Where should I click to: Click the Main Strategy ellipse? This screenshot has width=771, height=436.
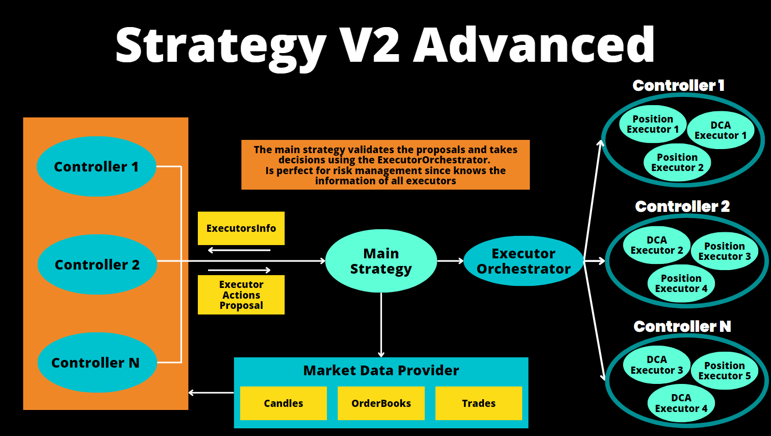pyautogui.click(x=381, y=261)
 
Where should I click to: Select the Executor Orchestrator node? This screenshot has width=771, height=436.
pyautogui.click(x=523, y=261)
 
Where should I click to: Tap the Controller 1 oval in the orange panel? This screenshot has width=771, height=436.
pyautogui.click(x=96, y=166)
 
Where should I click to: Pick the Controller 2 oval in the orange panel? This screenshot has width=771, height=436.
pyautogui.click(x=97, y=264)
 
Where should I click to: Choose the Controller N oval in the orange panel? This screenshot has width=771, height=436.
pyautogui.click(x=96, y=362)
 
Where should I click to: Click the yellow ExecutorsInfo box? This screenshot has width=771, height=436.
pyautogui.click(x=241, y=228)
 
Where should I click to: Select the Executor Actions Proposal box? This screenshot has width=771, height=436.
pyautogui.click(x=241, y=295)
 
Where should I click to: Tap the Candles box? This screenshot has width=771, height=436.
pyautogui.click(x=283, y=403)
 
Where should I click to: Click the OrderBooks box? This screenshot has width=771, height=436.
pyautogui.click(x=381, y=403)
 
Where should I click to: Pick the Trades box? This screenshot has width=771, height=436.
pyautogui.click(x=478, y=403)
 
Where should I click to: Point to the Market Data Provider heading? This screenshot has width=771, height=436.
pyautogui.click(x=381, y=371)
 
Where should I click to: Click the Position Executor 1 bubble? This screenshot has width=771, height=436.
pyautogui.click(x=653, y=124)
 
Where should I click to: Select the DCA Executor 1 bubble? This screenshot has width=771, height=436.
pyautogui.click(x=720, y=130)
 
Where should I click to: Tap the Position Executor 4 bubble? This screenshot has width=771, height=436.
pyautogui.click(x=681, y=283)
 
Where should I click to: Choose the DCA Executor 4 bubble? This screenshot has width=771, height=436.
pyautogui.click(x=681, y=403)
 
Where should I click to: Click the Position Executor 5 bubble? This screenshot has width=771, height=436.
pyautogui.click(x=724, y=371)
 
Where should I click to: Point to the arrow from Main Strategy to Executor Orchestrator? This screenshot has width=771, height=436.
pyautogui.click(x=450, y=261)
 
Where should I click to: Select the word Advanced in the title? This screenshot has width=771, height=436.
pyautogui.click(x=533, y=45)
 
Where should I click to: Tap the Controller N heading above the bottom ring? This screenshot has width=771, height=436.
pyautogui.click(x=682, y=326)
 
